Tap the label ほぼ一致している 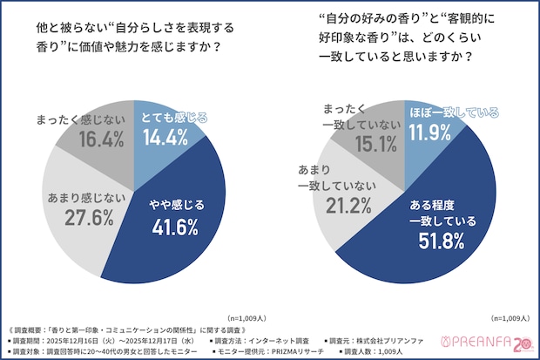tap(453, 112)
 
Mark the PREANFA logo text tap(477, 342)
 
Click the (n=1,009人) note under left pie tap(250, 318)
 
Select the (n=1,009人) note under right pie tap(515, 318)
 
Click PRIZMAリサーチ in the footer tap(302, 350)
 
